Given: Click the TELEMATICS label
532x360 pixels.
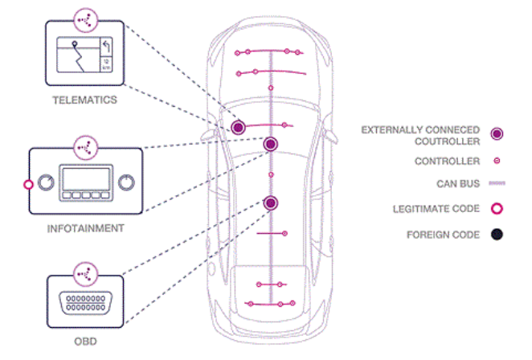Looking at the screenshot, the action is pos(84,100).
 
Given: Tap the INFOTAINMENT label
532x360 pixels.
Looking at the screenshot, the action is pos(85,229).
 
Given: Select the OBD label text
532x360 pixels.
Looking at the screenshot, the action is pos(85,342).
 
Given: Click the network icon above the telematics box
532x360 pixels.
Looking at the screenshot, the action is pos(85,20).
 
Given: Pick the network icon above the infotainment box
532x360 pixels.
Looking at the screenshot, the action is pos(85,148).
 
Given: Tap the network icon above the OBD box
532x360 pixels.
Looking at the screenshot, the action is pos(85,274).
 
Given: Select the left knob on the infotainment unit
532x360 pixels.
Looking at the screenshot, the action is pos(46,182).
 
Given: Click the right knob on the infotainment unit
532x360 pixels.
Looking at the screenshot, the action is pos(126,182).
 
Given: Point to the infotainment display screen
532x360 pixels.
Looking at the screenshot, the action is pos(86,179).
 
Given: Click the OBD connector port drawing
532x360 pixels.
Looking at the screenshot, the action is pos(85,303).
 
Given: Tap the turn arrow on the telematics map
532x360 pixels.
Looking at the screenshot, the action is pos(107,46).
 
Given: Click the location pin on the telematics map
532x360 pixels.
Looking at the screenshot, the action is pos(74,43).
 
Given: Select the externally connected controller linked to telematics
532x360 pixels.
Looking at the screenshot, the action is pos(238,128).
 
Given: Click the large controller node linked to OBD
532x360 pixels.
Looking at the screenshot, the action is pos(270,203).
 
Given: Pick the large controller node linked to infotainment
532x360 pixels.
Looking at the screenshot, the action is pos(270,144).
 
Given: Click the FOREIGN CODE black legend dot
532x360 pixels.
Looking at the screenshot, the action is pos(497,235).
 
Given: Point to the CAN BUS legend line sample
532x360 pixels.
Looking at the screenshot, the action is pos(497,183).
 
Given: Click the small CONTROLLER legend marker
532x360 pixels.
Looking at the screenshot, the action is pos(497,161).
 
